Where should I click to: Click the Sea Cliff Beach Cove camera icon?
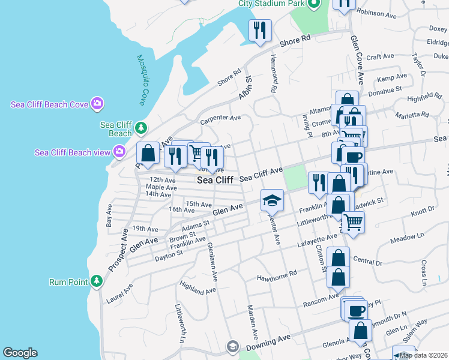(x=97, y=104)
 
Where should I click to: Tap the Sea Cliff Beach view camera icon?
(x=119, y=152)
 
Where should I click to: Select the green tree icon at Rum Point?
(x=97, y=281)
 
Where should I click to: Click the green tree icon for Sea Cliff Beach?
(x=141, y=127)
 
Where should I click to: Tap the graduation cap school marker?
(x=272, y=200)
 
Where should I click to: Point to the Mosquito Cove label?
(x=142, y=80)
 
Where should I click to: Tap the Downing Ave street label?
(x=268, y=340)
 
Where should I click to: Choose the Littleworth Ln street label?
(x=179, y=323)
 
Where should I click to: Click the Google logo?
(x=20, y=353)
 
